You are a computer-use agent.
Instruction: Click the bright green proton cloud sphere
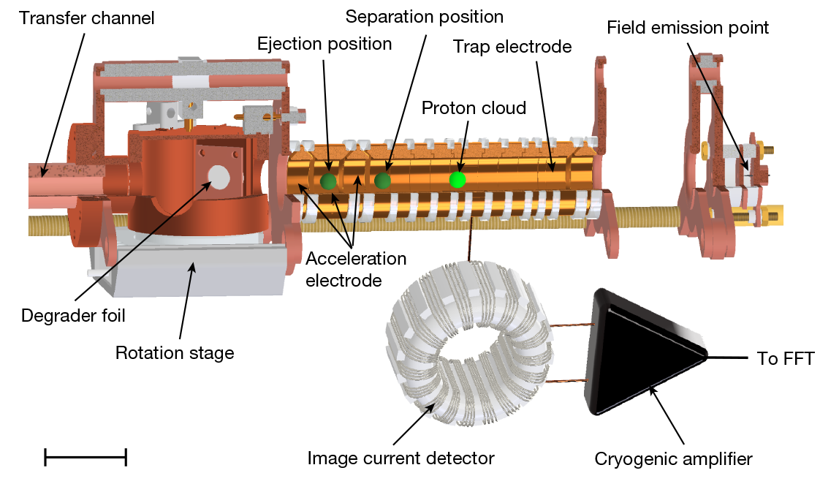coord(458,179)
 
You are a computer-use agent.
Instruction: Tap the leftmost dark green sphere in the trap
coord(328,181)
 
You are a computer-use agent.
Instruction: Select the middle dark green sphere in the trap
coord(382,180)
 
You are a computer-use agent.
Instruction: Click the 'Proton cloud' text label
coord(474,108)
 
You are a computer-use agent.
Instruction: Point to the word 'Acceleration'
coord(356,259)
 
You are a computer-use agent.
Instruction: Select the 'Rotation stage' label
coord(175,353)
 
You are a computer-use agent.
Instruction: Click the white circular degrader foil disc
coord(218,175)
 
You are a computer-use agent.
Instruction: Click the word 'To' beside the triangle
coord(767,359)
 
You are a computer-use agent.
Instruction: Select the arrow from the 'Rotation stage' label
coord(186,303)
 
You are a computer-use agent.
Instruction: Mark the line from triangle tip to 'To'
coord(731,358)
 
